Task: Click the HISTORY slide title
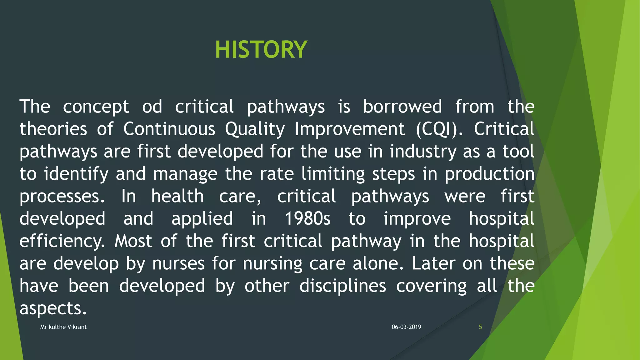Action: [261, 50]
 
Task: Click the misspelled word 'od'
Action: [152, 107]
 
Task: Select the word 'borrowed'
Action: [402, 107]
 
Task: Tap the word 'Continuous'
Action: [169, 129]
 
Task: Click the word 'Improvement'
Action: [350, 129]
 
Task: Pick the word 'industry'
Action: [423, 152]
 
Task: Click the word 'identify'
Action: [76, 174]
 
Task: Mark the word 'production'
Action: [489, 174]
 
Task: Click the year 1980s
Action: [307, 218]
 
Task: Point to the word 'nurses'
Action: [178, 263]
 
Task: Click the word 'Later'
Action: [433, 263]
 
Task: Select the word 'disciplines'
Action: [342, 286]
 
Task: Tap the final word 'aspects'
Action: [52, 308]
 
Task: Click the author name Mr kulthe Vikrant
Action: [63, 327]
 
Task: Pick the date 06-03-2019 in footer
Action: [406, 327]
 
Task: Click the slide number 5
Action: [480, 327]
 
